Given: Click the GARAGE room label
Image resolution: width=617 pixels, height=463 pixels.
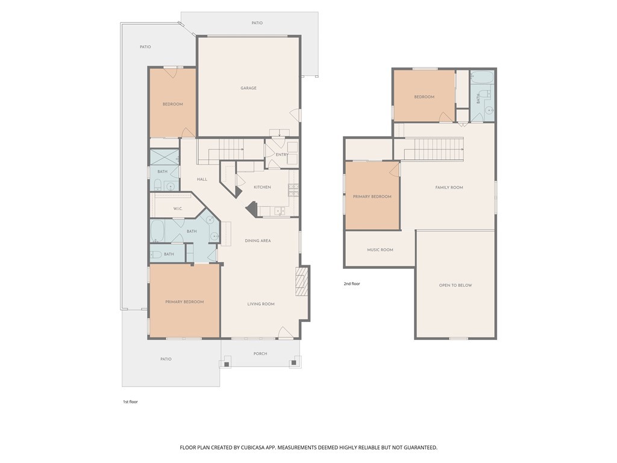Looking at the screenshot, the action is (x=248, y=88).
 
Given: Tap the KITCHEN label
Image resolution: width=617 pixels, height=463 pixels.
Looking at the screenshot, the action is (x=262, y=187).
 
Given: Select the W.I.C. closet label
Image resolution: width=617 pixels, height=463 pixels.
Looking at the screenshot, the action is (x=178, y=209).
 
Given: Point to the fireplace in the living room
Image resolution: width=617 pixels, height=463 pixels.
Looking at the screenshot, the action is (x=302, y=282).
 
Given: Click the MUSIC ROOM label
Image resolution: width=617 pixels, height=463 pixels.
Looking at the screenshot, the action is (x=380, y=250).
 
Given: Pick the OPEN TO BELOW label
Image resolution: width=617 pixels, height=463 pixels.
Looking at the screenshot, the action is (x=456, y=285).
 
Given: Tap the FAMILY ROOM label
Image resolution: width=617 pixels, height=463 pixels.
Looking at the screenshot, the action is (x=449, y=188).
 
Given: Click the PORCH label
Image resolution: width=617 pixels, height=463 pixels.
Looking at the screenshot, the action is (x=260, y=354).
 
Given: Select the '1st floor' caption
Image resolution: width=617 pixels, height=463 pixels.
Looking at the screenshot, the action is (x=130, y=402).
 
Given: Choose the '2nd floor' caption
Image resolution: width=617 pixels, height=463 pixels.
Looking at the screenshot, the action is (x=352, y=284).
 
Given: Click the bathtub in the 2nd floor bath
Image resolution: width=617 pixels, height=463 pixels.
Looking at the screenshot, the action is (x=481, y=77).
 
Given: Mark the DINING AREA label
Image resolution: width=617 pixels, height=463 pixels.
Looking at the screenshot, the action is (x=258, y=241).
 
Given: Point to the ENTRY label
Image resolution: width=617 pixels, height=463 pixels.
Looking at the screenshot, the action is (x=282, y=155).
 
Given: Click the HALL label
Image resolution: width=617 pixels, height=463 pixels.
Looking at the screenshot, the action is (x=202, y=180).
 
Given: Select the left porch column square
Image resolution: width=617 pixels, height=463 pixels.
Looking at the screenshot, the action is (x=227, y=364).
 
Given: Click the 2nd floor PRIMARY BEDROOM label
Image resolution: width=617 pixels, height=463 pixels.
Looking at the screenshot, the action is (x=372, y=197).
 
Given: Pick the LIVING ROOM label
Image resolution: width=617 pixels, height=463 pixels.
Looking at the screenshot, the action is (x=261, y=304).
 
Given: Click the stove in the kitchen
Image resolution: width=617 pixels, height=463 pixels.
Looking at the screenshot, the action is (x=293, y=190).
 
